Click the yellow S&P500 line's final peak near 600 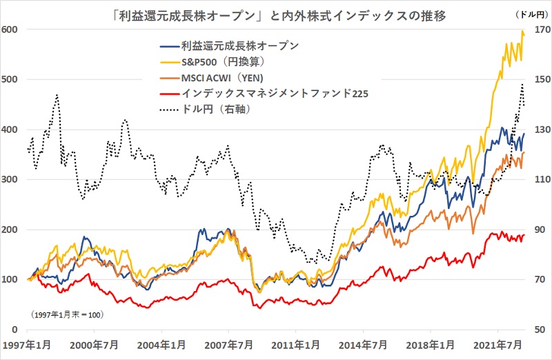point(522,31)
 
